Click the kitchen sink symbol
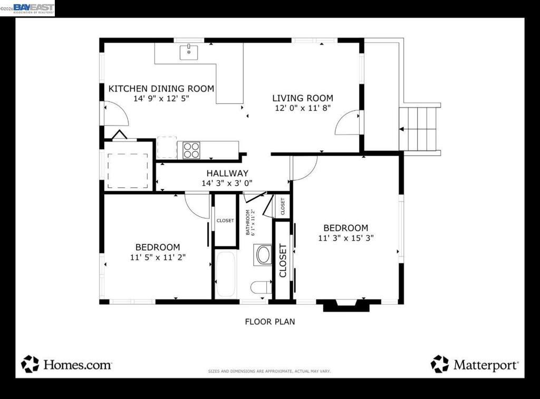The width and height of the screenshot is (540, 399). click(x=188, y=52)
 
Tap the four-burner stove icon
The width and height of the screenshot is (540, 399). click(x=191, y=150)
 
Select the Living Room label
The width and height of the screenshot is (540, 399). click(x=303, y=98)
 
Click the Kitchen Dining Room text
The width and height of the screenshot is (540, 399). click(x=161, y=89)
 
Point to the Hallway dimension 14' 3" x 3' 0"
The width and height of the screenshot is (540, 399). click(x=227, y=183)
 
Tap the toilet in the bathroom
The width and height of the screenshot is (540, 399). click(x=261, y=287)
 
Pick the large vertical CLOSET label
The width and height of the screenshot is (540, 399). click(x=283, y=260)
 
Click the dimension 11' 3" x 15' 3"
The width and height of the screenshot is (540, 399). click(x=345, y=238)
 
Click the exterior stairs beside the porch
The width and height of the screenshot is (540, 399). click(x=419, y=129)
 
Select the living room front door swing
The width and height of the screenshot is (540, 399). click(x=347, y=122)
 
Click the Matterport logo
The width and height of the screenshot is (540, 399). click(x=475, y=364)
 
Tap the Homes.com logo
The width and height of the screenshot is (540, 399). click(x=66, y=364)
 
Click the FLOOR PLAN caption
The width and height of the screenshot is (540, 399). click(x=270, y=321)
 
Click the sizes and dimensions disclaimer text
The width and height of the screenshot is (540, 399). click(x=269, y=372)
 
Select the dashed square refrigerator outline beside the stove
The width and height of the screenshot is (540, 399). click(x=167, y=147)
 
